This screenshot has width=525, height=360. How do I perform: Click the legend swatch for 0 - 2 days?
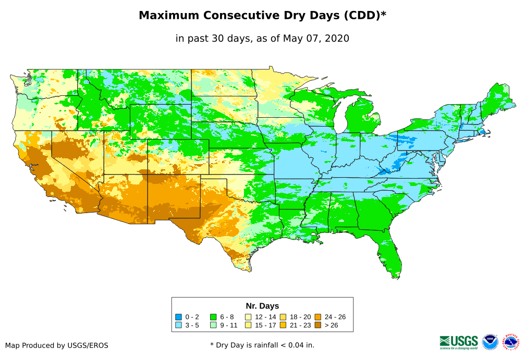click(178, 317)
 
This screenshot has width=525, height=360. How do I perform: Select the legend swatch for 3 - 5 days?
click(178, 325)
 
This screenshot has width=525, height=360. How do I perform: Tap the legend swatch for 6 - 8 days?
click(213, 317)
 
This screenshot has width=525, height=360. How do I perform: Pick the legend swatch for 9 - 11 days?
click(213, 325)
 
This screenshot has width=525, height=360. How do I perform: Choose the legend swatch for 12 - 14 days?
click(248, 317)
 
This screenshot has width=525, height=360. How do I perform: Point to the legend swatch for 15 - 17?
click(248, 325)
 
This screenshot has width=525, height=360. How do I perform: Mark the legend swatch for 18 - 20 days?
click(283, 317)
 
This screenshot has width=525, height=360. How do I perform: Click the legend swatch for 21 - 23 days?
click(283, 325)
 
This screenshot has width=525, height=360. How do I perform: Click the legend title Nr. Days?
click(262, 306)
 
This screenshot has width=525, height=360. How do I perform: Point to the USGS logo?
click(459, 342)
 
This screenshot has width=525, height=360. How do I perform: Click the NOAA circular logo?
click(490, 342)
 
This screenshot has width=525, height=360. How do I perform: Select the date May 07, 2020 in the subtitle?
click(316, 39)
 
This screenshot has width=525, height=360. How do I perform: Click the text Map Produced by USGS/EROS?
click(57, 345)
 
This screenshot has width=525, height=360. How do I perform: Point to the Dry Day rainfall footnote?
click(262, 345)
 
